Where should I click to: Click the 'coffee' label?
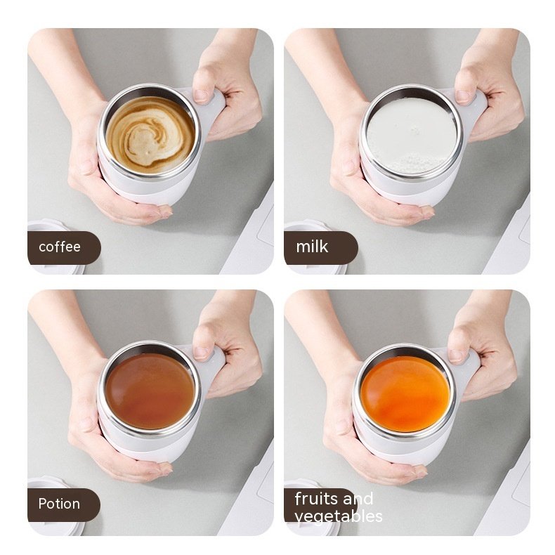60,247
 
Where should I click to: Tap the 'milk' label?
313,247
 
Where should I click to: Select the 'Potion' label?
60,504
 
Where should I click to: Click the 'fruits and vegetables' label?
334,507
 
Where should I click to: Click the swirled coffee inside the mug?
149,134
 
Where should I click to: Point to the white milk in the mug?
411,133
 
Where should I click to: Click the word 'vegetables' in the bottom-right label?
339,516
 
